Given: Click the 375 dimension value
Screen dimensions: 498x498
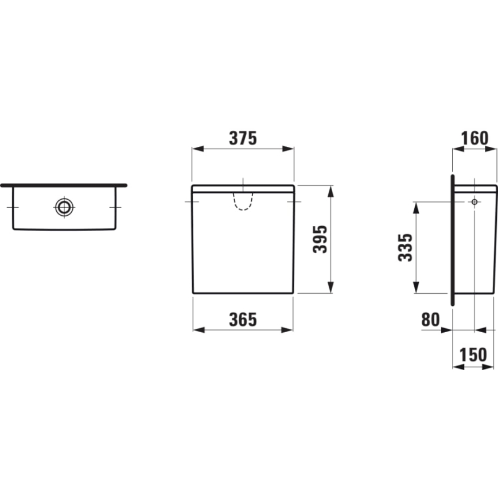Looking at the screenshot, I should (x=243, y=138).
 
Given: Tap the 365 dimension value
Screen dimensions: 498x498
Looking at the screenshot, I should (x=243, y=320).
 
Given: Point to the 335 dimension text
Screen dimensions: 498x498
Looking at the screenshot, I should (x=406, y=247).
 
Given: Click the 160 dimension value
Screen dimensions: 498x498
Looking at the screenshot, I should (x=474, y=138).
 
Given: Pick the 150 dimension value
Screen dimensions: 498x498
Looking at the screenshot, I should (x=474, y=355).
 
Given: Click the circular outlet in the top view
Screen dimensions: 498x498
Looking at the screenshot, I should (x=64, y=207).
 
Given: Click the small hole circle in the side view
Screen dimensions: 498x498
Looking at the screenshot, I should (x=474, y=202).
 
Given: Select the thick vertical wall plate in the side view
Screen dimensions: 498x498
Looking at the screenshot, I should (x=452, y=239).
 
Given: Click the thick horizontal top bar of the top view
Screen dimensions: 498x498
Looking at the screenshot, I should (x=63, y=185).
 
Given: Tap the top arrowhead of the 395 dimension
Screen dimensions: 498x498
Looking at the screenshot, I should (x=330, y=190).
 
